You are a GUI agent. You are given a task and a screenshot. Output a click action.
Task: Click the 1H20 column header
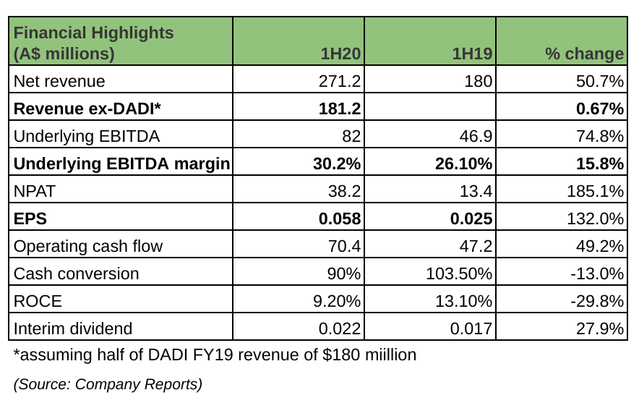point(341,54)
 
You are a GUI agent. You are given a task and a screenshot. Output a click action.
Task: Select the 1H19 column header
point(473,54)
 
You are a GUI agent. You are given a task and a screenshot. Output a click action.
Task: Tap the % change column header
point(585,54)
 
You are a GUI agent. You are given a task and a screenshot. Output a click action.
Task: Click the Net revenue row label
point(59,82)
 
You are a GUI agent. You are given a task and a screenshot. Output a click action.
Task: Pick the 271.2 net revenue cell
point(340,82)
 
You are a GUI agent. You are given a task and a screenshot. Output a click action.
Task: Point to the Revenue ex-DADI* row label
point(87,109)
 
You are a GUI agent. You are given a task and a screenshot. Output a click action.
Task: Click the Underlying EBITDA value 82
point(350,137)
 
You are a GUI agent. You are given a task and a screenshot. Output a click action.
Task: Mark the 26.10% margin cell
point(464,164)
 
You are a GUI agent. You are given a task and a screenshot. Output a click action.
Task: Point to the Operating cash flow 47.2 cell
point(477,246)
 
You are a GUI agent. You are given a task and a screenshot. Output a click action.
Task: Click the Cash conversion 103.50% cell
point(464,273)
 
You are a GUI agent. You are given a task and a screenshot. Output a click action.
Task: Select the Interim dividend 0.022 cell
point(340,328)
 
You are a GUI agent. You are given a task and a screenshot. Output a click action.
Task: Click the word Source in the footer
point(43,384)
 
